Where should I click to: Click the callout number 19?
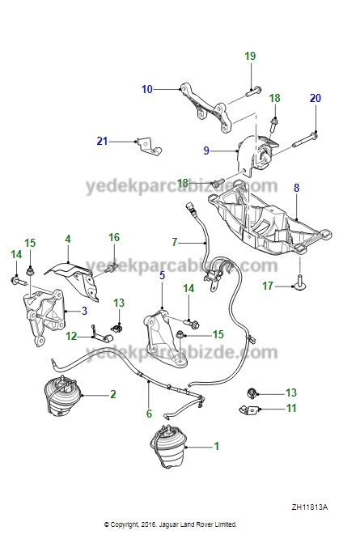(250, 56)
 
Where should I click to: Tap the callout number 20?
(315, 98)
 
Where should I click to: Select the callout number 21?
(102, 141)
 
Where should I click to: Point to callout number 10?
(147, 89)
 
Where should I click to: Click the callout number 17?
(268, 286)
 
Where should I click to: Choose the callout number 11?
(291, 409)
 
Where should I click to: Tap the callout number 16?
(114, 237)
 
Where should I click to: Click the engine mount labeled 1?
(168, 447)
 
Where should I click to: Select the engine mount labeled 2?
(62, 395)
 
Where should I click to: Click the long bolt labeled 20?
(305, 140)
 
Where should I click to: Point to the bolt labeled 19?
(253, 91)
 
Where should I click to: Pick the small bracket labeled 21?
(148, 146)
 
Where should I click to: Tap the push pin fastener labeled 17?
(300, 282)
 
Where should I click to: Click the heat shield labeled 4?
(74, 278)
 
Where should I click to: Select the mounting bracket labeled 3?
(44, 317)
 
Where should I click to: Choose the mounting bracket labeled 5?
(164, 338)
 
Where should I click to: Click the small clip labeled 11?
(249, 410)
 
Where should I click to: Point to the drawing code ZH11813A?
(310, 507)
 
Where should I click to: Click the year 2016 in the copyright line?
(150, 524)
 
